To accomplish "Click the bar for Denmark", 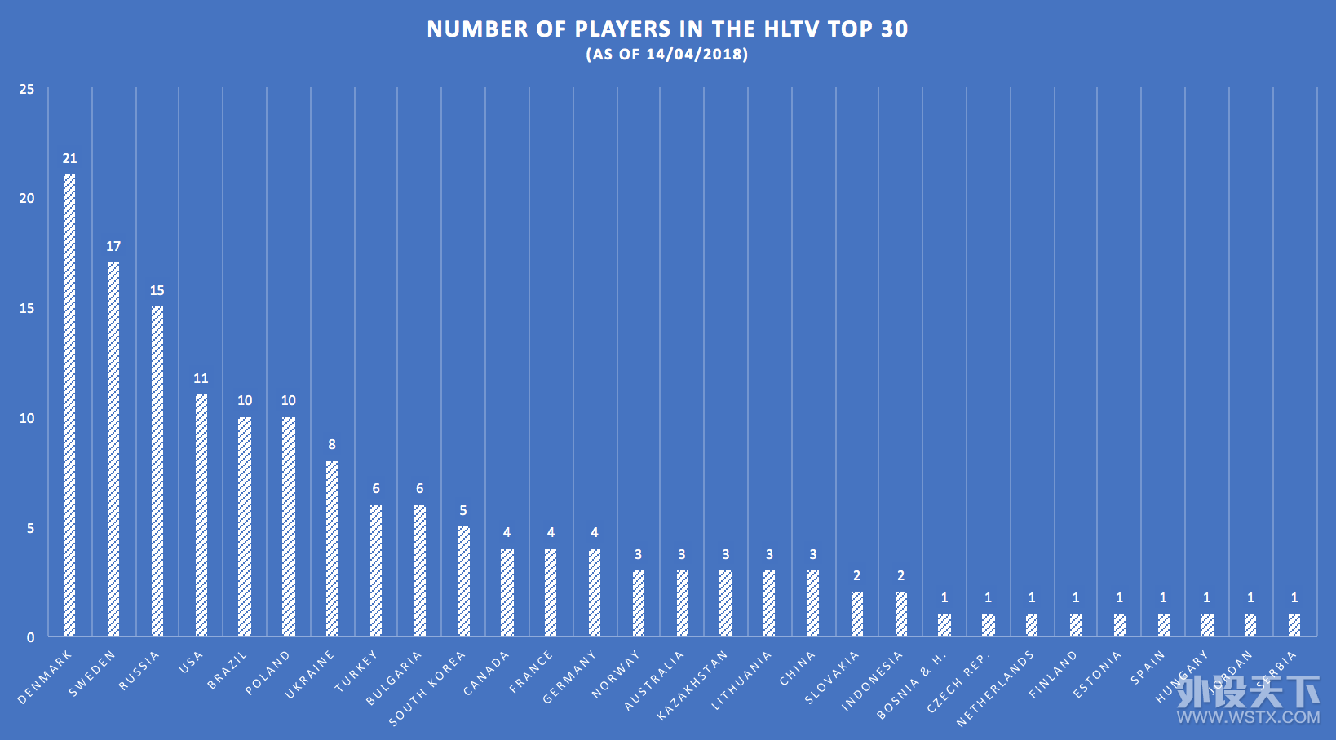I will [x=69, y=405].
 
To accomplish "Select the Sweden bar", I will [x=113, y=449].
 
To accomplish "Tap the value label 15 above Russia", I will [x=157, y=290].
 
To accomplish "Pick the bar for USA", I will [x=201, y=515].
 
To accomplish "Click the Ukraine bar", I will [x=332, y=548].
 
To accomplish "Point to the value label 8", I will [x=332, y=444].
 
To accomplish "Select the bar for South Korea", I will [x=463, y=581].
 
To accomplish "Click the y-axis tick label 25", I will [x=27, y=89].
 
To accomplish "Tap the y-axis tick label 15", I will [x=27, y=308].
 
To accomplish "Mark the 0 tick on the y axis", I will [x=31, y=637].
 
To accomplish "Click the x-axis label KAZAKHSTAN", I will [x=692, y=686].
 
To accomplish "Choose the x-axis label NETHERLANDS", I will [x=994, y=689].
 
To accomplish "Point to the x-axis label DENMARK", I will [x=45, y=677].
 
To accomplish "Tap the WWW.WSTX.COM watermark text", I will [x=1248, y=717].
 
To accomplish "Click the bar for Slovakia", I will [x=856, y=614].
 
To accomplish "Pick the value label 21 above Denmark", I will [x=69, y=158].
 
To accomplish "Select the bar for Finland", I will [x=1075, y=625].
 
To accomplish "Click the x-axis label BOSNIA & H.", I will [x=911, y=686].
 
